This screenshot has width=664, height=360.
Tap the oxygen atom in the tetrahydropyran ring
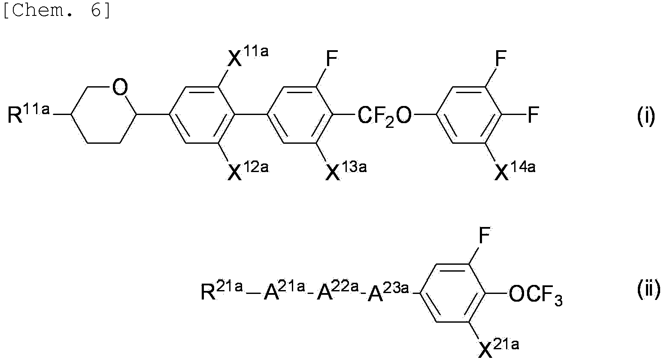tap(120, 87)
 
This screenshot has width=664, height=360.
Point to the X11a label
tap(248, 56)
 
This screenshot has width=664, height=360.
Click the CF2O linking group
tap(385, 116)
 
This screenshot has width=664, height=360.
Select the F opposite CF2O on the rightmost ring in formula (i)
tap(533, 115)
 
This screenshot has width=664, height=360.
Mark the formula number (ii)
tap(648, 289)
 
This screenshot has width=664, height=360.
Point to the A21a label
tap(284, 291)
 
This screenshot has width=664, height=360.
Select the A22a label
tap(338, 291)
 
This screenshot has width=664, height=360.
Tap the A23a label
tap(388, 292)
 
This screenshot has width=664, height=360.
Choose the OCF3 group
tap(535, 295)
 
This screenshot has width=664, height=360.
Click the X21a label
tap(498, 348)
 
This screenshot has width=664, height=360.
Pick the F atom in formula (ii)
tap(484, 235)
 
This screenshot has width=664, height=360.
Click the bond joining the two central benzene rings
tap(251, 114)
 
